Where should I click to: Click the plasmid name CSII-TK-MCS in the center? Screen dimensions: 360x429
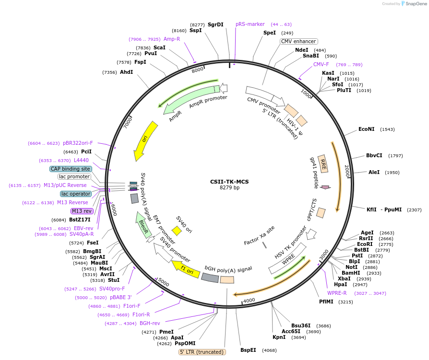[x=229, y=182]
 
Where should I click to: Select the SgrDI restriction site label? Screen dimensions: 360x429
[x=215, y=24]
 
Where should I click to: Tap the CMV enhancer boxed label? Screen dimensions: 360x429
[x=298, y=42]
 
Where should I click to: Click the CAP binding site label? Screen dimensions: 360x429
[x=71, y=169]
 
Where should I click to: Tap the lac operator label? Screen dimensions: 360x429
[x=76, y=194]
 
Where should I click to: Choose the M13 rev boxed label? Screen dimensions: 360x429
[x=82, y=211]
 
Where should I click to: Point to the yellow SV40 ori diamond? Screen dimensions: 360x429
[x=177, y=231]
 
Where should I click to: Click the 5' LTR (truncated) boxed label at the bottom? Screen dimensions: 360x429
[x=202, y=352]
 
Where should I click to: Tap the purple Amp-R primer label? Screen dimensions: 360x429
[x=172, y=39]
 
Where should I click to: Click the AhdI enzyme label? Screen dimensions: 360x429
[x=126, y=72]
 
